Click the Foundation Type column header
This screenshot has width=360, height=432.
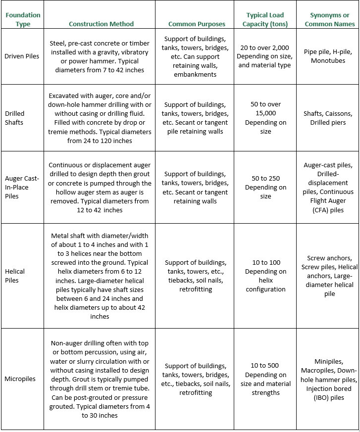click(x=23, y=19)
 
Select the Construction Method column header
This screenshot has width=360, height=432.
click(x=101, y=24)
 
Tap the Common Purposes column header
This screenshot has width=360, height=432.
click(x=197, y=24)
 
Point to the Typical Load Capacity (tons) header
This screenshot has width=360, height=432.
click(x=265, y=19)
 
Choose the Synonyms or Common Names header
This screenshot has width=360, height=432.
click(x=329, y=19)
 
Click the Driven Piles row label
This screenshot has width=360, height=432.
click(x=22, y=56)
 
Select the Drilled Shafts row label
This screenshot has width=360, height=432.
click(x=14, y=118)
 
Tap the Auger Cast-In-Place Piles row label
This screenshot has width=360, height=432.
click(x=22, y=187)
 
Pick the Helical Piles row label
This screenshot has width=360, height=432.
click(x=14, y=276)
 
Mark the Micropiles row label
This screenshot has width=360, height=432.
click(x=20, y=379)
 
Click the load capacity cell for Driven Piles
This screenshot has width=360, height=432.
click(x=265, y=56)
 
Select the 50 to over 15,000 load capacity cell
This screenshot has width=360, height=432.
click(x=265, y=118)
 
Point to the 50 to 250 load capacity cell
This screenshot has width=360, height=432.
click(x=265, y=187)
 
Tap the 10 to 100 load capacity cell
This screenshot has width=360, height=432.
click(x=265, y=276)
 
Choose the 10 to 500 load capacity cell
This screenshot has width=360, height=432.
click(x=265, y=379)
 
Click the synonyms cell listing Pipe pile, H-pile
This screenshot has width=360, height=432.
click(x=328, y=56)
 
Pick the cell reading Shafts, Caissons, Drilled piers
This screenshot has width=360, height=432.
click(x=328, y=118)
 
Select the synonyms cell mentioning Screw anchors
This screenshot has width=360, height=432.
click(x=329, y=276)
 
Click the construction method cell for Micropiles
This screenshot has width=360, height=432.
click(x=100, y=379)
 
